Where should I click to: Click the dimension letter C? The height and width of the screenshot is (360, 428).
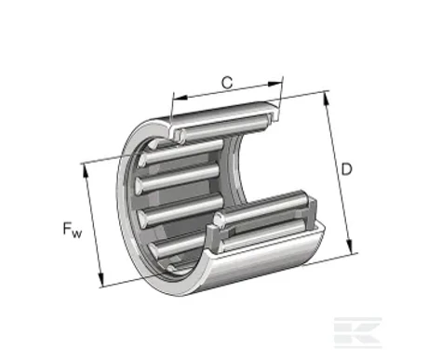(227, 83)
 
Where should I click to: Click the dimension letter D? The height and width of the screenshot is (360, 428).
(346, 169)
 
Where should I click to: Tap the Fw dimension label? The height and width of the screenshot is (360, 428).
(73, 230)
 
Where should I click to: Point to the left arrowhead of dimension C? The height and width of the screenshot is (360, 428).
(181, 97)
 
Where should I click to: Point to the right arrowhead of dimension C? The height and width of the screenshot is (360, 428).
(274, 84)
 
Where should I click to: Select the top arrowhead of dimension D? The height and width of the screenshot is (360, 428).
(327, 99)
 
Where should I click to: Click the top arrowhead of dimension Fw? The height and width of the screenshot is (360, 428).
(86, 171)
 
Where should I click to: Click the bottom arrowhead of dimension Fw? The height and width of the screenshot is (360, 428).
(100, 280)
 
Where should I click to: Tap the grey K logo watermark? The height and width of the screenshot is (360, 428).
(357, 333)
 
